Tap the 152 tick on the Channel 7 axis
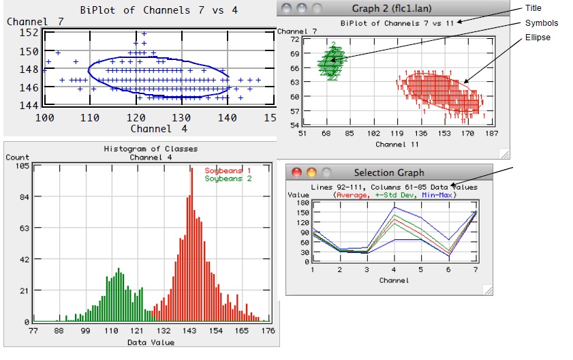click(x=29, y=32)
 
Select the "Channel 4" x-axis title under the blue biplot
click(x=160, y=128)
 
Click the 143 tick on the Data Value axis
click(x=189, y=331)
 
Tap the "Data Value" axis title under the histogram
click(x=151, y=342)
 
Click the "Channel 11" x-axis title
click(x=396, y=145)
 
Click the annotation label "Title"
click(x=533, y=8)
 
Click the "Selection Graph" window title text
click(x=388, y=172)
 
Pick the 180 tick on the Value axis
click(x=303, y=203)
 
